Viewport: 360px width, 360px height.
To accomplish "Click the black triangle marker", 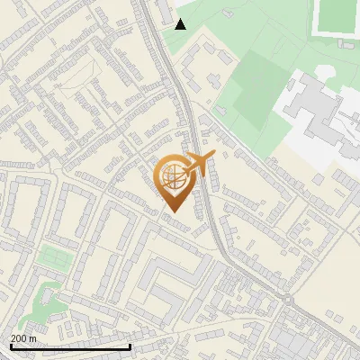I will click(181, 23).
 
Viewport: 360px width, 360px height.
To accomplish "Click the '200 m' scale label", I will click(23, 337).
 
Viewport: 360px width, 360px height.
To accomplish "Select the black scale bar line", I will click(70, 346).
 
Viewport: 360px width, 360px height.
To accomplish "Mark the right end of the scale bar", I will click(130, 346).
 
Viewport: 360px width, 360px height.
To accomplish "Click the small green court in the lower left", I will click(54, 257).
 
